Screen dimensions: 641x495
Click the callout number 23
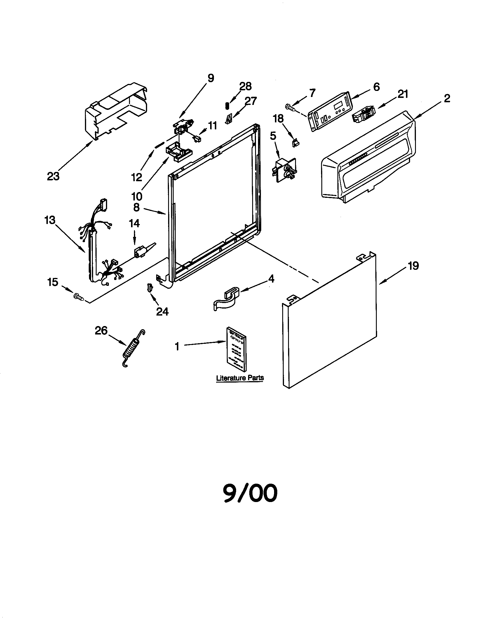point(53,176)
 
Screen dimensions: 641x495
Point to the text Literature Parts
point(240,378)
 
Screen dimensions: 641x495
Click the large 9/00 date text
point(250,493)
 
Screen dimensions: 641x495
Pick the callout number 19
point(413,266)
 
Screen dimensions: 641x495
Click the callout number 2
point(447,98)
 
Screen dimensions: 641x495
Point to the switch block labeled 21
point(364,114)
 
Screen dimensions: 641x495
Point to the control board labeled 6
point(329,112)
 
